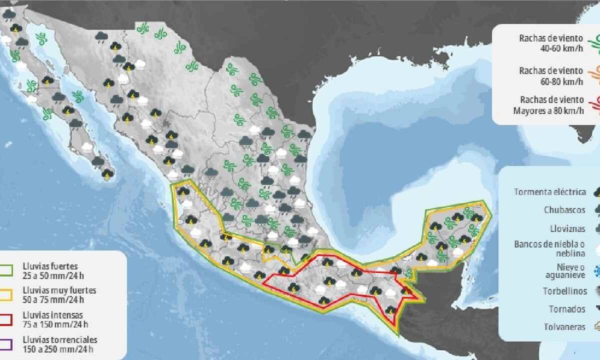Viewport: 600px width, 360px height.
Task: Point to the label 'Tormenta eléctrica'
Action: pyautogui.click(x=549, y=191)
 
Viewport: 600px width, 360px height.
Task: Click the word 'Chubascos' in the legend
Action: pyautogui.click(x=564, y=210)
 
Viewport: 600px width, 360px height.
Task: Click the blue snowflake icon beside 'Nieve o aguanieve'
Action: pyautogui.click(x=596, y=271)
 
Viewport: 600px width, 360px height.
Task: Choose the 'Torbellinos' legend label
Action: pyautogui.click(x=564, y=290)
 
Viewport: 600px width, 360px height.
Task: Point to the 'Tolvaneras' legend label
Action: pyautogui.click(x=564, y=327)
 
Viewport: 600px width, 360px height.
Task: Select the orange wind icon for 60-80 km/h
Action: pyautogui.click(x=595, y=75)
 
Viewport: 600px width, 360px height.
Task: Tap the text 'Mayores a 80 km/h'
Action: pyautogui.click(x=548, y=110)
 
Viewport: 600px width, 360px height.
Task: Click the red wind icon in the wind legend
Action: pyautogui.click(x=595, y=105)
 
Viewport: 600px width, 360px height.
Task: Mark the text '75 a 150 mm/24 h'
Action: pyautogui.click(x=52, y=324)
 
